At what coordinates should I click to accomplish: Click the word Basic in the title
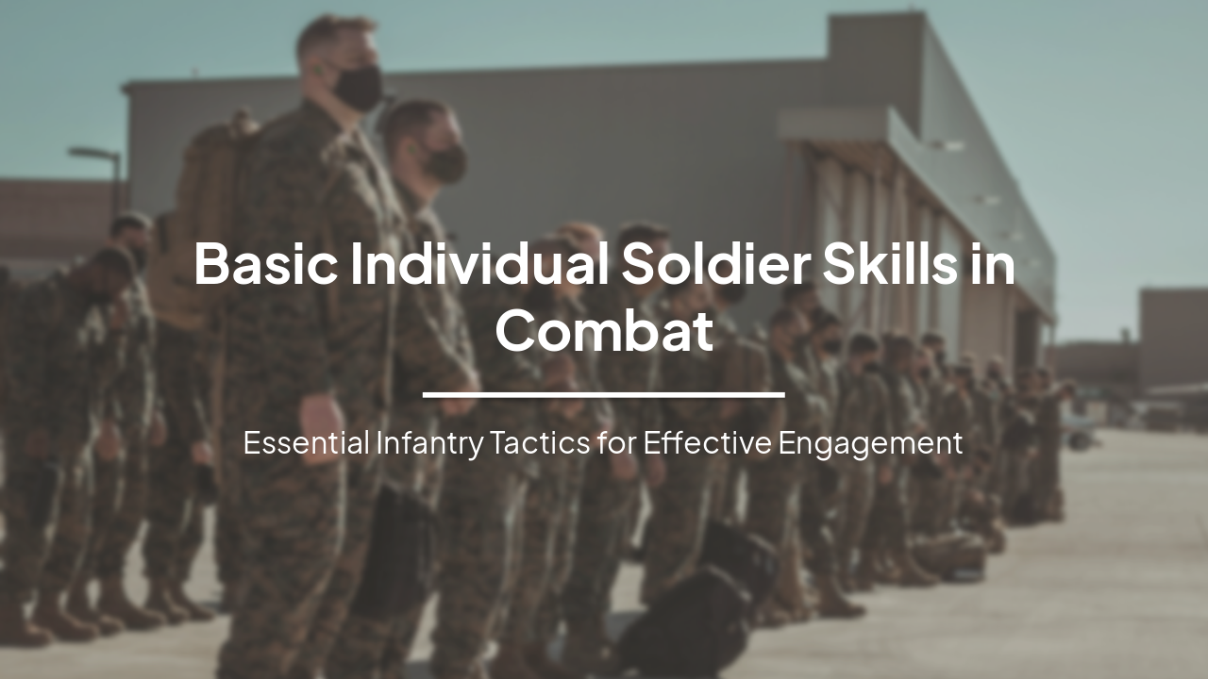click(265, 264)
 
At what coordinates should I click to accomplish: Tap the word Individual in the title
click(479, 264)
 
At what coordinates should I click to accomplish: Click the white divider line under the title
click(604, 394)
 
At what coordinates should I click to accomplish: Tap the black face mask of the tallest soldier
click(358, 88)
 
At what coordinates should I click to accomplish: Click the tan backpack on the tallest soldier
click(203, 217)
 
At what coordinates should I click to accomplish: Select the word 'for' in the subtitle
click(616, 442)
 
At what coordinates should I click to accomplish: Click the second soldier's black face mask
click(445, 163)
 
